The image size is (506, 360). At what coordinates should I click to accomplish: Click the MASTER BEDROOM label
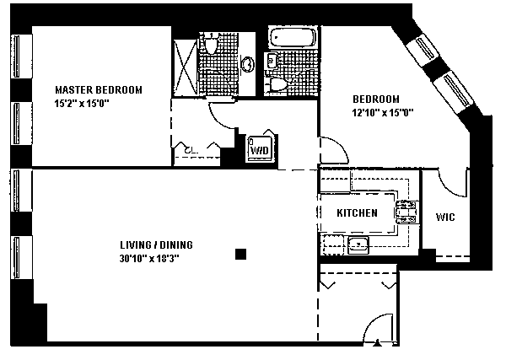coord(99,89)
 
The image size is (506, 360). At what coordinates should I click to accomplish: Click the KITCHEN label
coord(357,213)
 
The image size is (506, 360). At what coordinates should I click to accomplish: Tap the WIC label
coord(445,218)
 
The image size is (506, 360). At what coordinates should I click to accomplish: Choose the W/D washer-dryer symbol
coord(258,148)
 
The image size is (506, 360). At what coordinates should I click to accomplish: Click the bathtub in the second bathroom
coord(292,38)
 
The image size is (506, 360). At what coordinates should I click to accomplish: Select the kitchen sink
coord(358,245)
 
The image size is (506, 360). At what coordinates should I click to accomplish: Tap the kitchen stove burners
coord(408,211)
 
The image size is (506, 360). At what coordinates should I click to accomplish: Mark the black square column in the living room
coord(241,253)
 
